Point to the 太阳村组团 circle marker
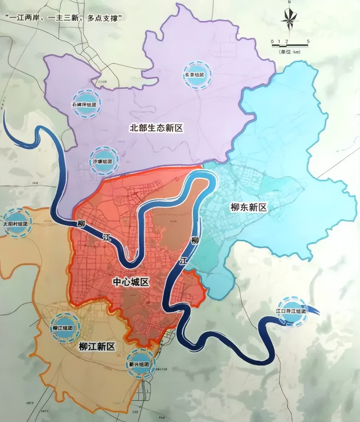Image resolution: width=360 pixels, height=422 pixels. coord(16,223)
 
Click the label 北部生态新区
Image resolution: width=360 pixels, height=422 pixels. coord(156,128)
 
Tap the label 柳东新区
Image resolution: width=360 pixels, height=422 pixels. coord(249,208)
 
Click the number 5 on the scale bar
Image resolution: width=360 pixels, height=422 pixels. coord(308,41)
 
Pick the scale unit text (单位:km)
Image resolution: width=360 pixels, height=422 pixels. coord(289,52)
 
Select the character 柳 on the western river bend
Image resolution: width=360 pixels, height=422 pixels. coord(81,224)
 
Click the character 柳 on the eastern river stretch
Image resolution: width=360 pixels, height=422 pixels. coord(194,240)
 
